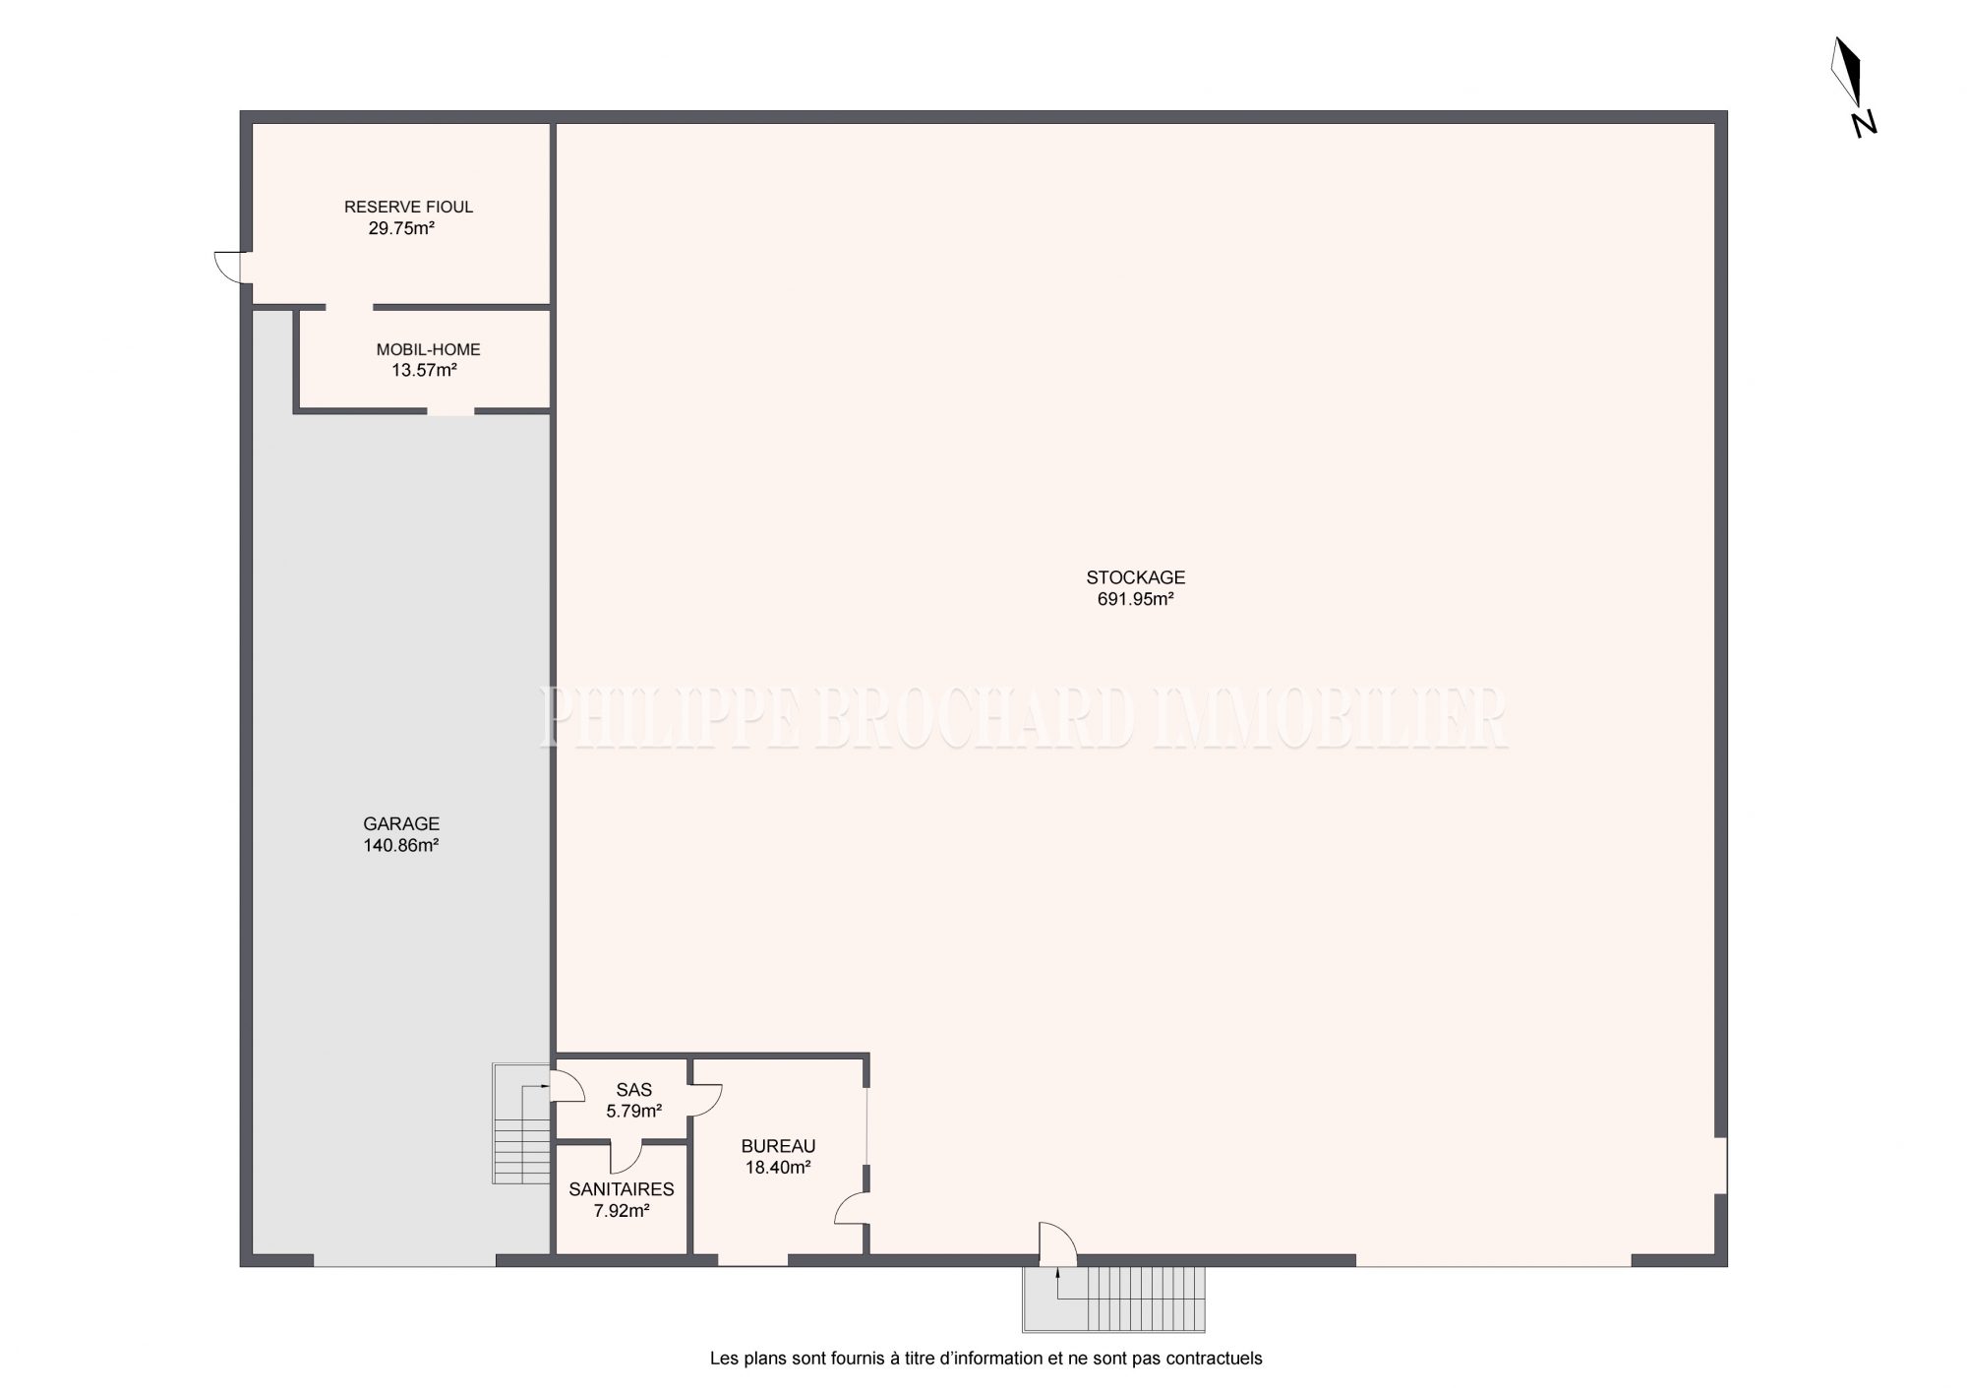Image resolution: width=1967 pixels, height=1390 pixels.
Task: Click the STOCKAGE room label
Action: coord(1135,577)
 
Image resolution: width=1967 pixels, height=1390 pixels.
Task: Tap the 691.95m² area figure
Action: coord(1136,599)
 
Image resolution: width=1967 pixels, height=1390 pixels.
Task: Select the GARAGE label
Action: coord(401,824)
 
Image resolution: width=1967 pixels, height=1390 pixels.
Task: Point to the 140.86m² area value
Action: coord(401,845)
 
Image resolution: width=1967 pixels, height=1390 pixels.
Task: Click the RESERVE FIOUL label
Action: coord(408,207)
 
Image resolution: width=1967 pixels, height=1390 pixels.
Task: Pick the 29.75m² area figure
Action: coord(401,228)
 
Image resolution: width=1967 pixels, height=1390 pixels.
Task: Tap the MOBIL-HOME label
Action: coord(428,350)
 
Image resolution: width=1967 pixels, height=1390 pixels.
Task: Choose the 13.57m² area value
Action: coord(424,371)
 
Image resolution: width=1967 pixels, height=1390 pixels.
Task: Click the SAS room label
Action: coord(634,1090)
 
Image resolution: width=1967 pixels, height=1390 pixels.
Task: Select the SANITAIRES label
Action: coord(622,1190)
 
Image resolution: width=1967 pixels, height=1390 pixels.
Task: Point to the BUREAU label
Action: coord(778,1146)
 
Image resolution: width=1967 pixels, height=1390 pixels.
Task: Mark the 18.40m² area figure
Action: coord(777,1168)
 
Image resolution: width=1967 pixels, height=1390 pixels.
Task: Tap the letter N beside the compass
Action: coord(1864,124)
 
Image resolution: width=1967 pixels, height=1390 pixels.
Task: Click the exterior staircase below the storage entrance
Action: coord(1114,1299)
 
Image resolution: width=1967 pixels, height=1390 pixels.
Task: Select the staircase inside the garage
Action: coord(521,1122)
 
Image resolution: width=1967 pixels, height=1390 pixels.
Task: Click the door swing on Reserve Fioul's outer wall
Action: coord(228,267)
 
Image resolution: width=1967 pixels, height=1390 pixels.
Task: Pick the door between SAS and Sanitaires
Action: coord(626,1157)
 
